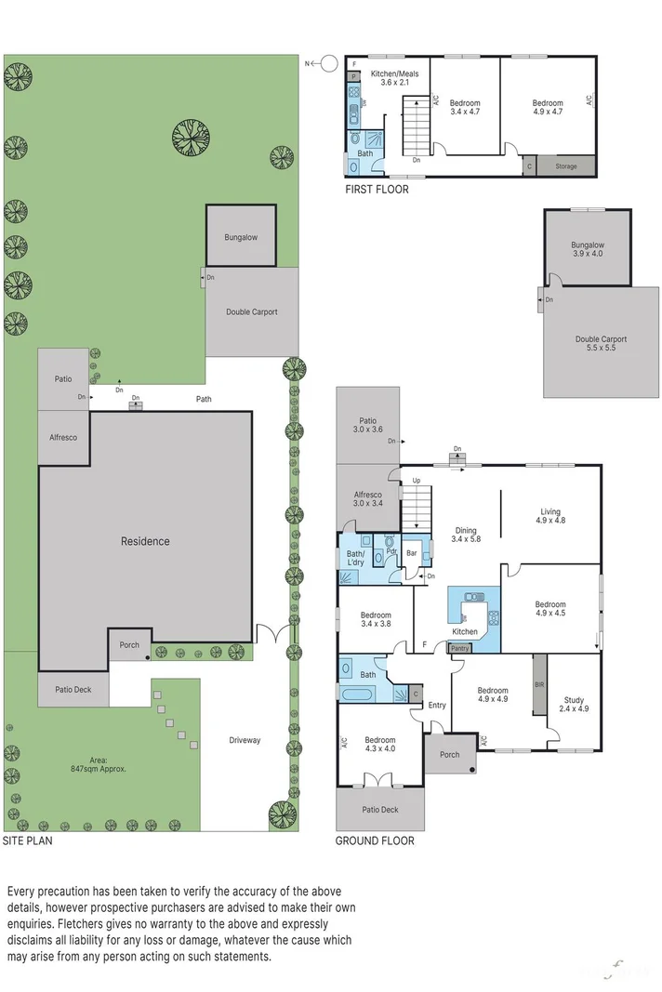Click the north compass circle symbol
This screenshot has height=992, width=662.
[328, 64]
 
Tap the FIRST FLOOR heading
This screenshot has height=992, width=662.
[377, 190]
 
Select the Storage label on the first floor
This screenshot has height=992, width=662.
[566, 166]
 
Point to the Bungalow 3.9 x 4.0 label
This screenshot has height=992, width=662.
[587, 249]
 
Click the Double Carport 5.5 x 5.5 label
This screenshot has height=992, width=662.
[601, 343]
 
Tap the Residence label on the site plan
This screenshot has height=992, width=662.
[144, 541]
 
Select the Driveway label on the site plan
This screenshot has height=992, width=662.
[245, 740]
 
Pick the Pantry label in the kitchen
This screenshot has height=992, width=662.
[460, 648]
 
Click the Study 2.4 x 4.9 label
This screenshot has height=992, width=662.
[574, 704]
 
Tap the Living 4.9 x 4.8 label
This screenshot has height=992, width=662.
[550, 516]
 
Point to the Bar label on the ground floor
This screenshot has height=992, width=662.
[412, 552]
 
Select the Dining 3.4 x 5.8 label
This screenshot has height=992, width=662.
[466, 535]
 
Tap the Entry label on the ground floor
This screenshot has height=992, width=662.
[437, 705]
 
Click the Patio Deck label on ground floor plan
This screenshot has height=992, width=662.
[380, 810]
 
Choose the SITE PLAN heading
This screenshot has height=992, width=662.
[27, 840]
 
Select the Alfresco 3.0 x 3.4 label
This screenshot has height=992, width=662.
[367, 499]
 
